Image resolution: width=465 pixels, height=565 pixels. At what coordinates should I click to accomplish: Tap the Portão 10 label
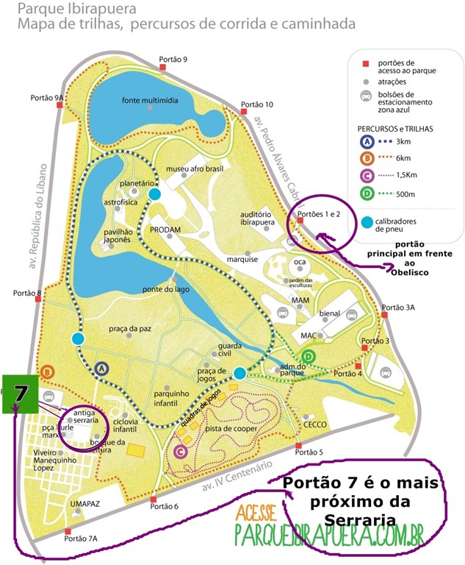257,104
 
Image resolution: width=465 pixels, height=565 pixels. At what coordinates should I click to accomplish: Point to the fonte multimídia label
150,100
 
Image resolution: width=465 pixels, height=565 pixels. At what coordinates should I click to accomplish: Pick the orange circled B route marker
48,371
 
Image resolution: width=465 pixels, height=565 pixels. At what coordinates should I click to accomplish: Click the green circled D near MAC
309,357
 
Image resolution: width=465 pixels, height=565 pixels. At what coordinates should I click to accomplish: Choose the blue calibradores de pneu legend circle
367,222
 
